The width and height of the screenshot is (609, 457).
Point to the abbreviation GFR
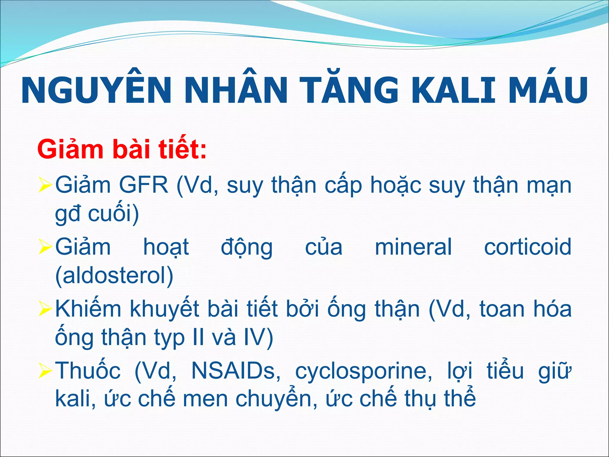(144, 185)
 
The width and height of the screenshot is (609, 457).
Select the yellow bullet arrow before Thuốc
(45, 373)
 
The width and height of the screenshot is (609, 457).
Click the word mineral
(413, 247)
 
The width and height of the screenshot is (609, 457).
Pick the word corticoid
(528, 247)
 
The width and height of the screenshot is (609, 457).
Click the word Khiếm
(88, 309)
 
